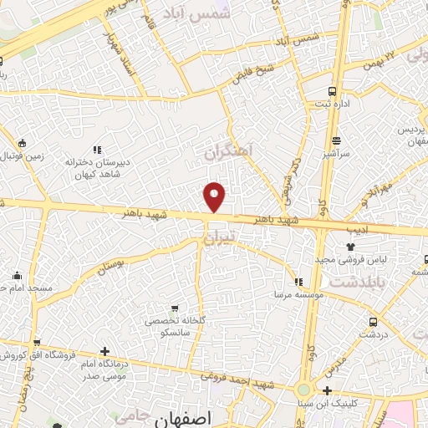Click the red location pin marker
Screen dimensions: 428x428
coord(215,196)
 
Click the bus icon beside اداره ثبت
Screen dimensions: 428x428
coord(333,90)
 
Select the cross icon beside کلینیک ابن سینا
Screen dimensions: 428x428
coord(327,391)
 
